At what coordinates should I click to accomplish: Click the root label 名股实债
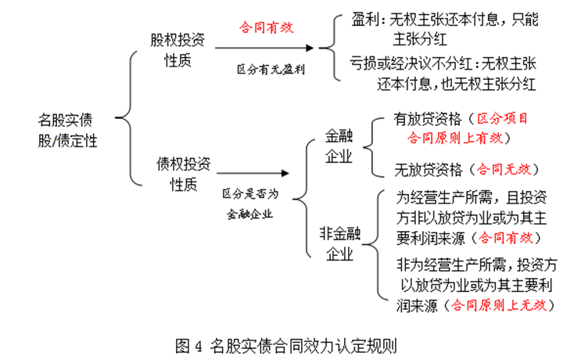65,120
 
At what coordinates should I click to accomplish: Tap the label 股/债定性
68,141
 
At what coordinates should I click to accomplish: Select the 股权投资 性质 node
178,50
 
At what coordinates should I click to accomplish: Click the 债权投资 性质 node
184,174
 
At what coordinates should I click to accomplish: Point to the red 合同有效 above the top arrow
267,27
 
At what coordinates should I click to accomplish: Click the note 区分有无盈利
271,69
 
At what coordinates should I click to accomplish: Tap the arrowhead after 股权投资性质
310,48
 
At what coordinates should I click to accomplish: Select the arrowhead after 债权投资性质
285,173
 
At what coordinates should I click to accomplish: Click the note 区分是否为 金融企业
250,203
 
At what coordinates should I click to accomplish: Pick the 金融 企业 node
339,146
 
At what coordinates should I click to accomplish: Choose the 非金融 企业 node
340,243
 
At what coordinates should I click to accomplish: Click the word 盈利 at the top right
365,19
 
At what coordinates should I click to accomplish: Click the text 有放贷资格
428,119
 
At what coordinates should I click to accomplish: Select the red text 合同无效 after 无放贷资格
504,169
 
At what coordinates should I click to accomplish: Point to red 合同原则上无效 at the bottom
499,305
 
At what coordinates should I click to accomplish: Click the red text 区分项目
502,119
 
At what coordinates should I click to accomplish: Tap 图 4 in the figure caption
189,346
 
